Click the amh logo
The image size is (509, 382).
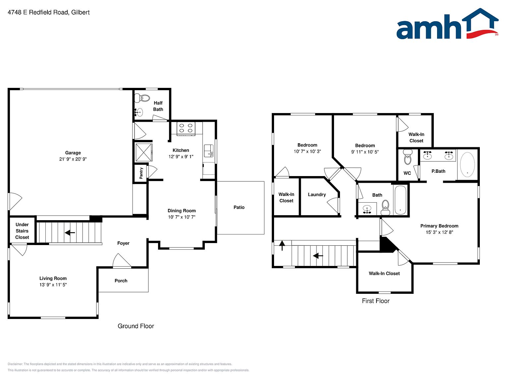click(x=447, y=24)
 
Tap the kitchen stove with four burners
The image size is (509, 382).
click(x=186, y=129)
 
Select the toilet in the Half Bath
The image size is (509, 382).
click(x=142, y=98)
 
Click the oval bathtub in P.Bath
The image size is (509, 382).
click(x=467, y=164)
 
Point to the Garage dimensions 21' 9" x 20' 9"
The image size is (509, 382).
click(x=73, y=159)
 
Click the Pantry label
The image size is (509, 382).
click(x=141, y=173)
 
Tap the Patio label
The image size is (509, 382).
click(x=239, y=207)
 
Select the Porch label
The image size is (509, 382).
click(x=121, y=281)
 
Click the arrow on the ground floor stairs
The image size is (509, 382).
click(x=70, y=232)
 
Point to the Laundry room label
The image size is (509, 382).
click(x=317, y=195)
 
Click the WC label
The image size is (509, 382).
click(x=407, y=173)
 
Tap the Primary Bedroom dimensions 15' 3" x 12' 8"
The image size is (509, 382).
click(x=439, y=232)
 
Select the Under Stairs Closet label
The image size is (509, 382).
click(x=22, y=231)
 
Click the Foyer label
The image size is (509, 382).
click(x=123, y=243)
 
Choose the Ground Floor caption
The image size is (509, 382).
click(x=136, y=326)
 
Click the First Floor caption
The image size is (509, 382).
click(x=376, y=301)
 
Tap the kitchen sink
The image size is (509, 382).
click(x=208, y=151)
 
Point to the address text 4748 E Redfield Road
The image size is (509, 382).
click(x=38, y=12)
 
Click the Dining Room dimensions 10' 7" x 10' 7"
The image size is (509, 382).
click(x=182, y=217)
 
